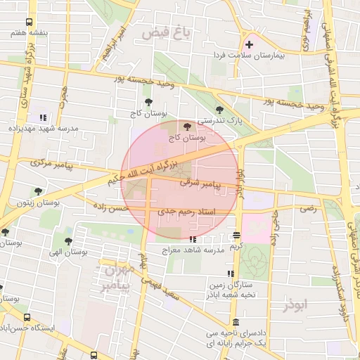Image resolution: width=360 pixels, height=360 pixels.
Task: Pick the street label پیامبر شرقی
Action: [200, 183]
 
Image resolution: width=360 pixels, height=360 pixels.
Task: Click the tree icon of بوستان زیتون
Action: [38, 190]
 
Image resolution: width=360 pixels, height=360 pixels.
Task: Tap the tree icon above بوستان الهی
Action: [67, 241]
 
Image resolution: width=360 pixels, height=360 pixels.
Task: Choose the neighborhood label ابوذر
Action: [295, 306]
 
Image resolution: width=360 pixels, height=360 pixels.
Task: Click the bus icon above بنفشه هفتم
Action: [29, 22]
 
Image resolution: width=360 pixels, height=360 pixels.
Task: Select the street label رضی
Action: [308, 208]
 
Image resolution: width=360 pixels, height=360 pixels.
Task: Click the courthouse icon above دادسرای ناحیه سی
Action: [235, 321]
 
